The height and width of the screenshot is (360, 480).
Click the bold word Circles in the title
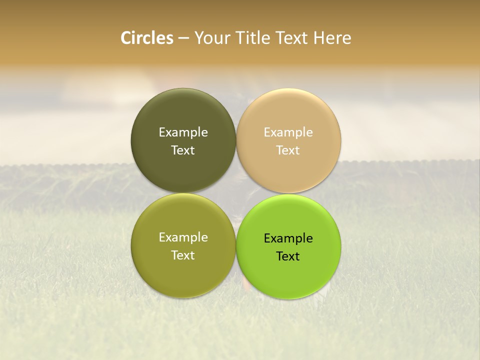pos(147,38)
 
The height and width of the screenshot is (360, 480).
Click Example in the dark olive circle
pos(183,132)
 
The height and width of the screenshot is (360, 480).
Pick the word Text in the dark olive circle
pos(183,150)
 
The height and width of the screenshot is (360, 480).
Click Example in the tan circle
pos(288,132)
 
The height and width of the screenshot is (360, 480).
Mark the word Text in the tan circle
pos(288,150)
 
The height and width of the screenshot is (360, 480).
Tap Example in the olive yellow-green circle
pos(183,237)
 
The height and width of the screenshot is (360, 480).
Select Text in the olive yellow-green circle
pos(183,255)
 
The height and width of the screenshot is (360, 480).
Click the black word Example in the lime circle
pos(288,238)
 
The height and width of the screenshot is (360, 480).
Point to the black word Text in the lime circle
pos(288,256)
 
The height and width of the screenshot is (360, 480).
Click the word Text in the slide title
pos(292,38)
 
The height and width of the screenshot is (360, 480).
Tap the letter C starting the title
pos(126,38)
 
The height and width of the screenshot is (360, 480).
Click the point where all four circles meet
pos(236,193)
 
